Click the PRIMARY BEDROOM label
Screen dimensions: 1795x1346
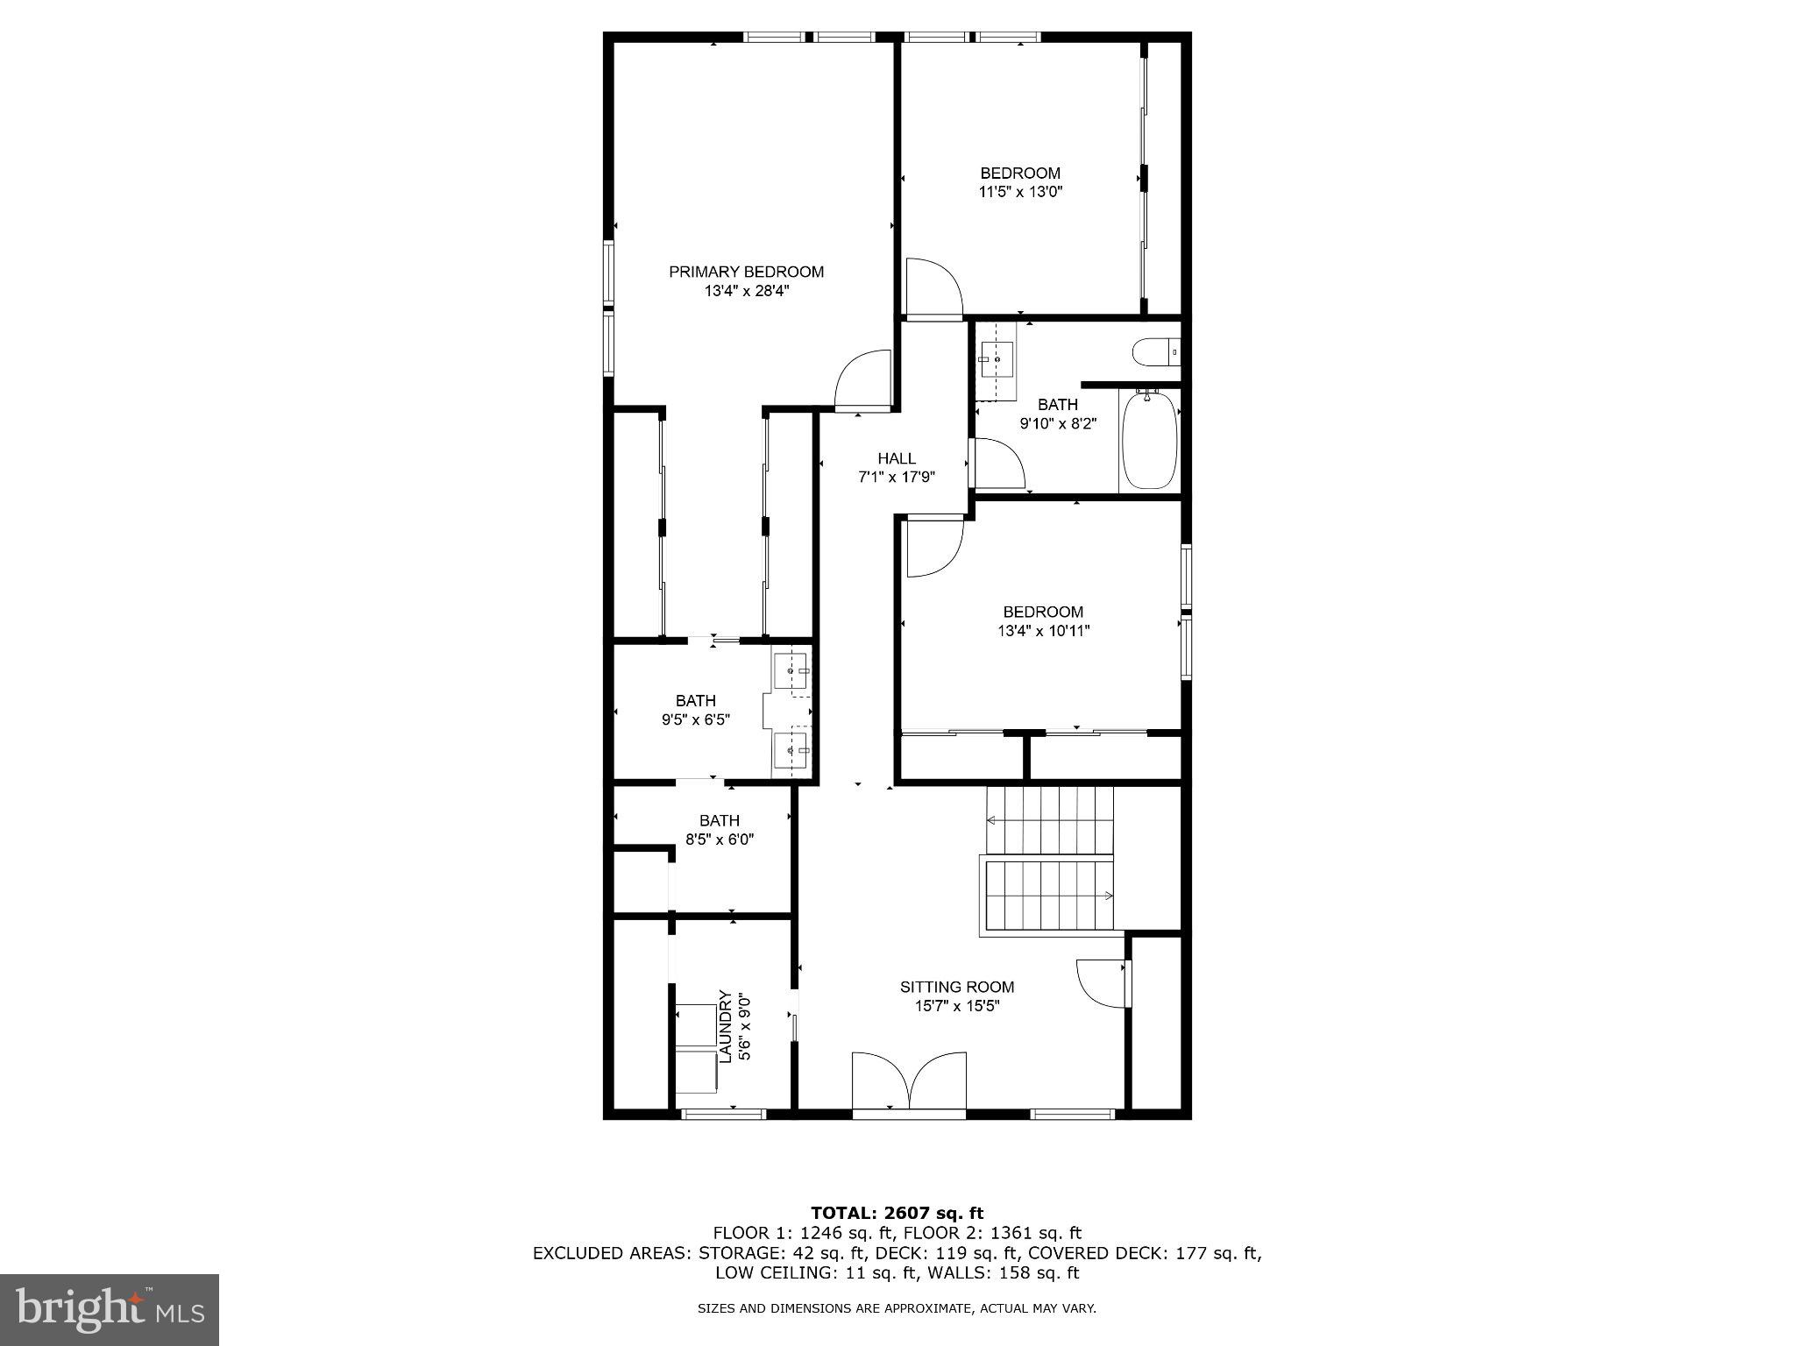coord(746,272)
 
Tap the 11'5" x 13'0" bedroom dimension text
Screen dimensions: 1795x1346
coord(1020,192)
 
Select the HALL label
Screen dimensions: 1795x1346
coord(897,458)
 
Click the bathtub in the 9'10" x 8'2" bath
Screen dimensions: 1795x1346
coord(1149,441)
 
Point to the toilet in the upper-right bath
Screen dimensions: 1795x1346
coord(1156,352)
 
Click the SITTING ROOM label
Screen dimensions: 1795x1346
coord(957,987)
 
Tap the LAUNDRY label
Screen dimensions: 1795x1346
coord(725,1026)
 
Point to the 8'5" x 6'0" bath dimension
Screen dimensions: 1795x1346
coord(720,839)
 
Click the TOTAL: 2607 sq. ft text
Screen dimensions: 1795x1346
coord(897,1213)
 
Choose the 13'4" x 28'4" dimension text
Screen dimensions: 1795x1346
coord(747,291)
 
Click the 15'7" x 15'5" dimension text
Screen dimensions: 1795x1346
coord(957,1006)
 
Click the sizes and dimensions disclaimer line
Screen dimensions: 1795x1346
coord(897,1309)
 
